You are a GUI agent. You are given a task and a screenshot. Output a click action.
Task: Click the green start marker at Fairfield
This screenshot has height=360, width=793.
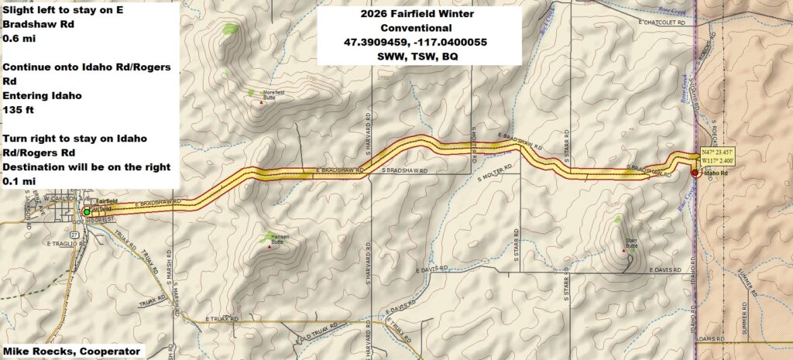pos(86,211)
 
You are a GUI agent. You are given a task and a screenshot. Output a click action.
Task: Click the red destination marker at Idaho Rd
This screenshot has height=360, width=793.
pos(695,173)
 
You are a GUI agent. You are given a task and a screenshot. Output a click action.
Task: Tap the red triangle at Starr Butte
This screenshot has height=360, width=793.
pos(625,251)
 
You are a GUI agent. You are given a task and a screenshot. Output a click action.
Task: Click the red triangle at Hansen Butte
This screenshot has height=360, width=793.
pos(269,246)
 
